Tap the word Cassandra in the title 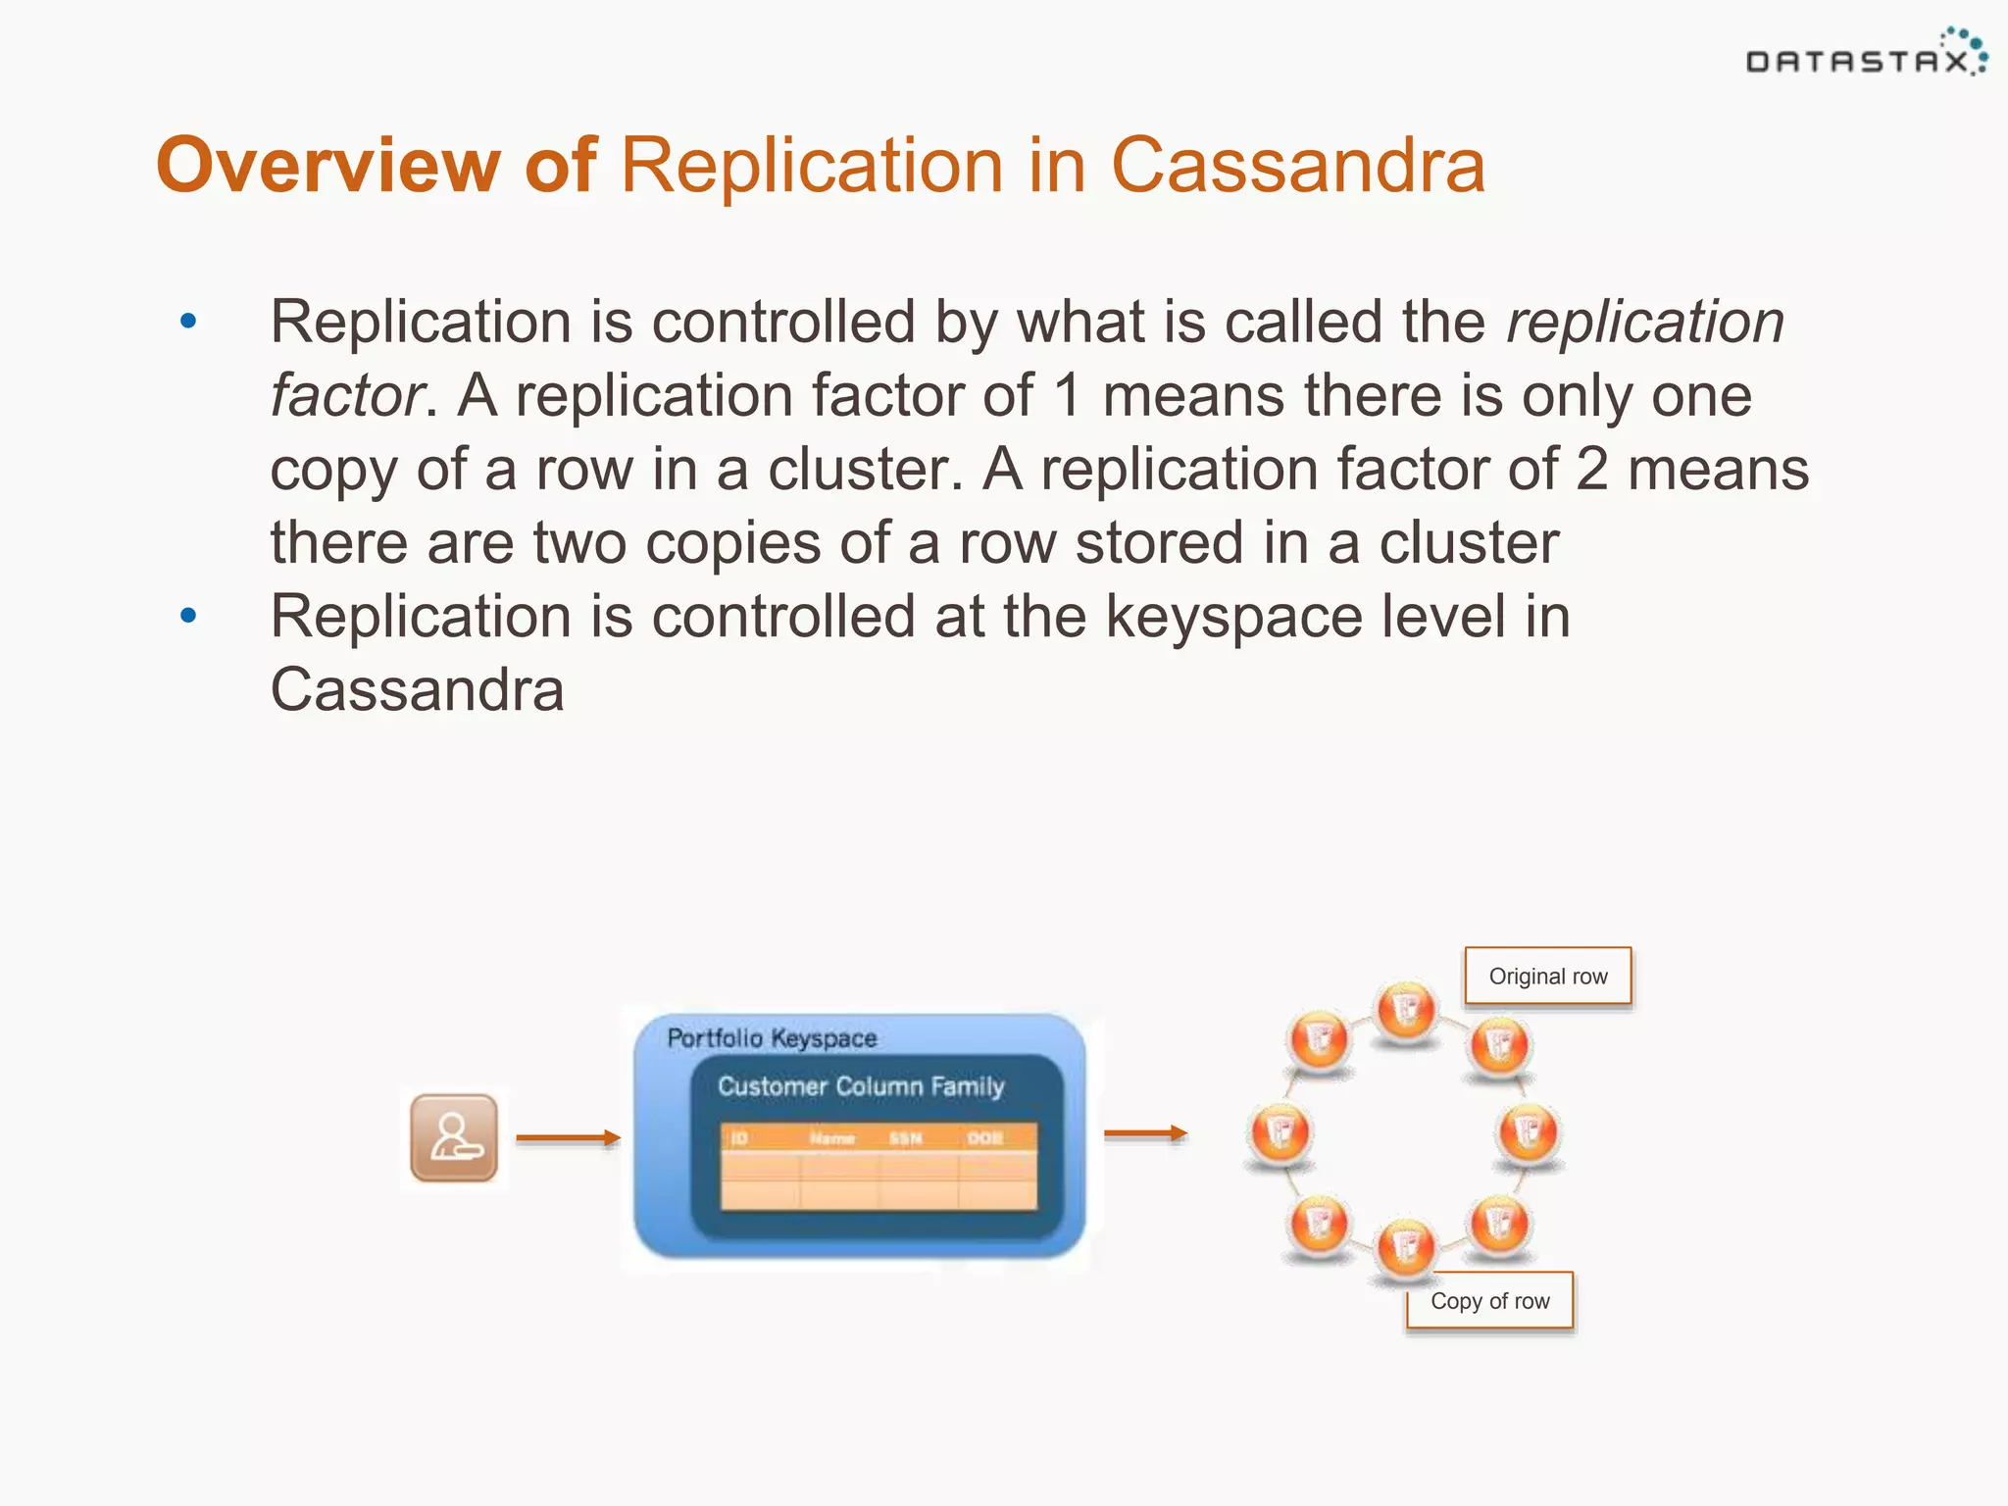[1297, 165]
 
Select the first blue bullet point [188, 322]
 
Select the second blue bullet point [188, 616]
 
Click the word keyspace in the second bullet [1234, 618]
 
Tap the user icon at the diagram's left [454, 1137]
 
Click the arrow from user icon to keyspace [569, 1137]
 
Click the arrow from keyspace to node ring [1145, 1133]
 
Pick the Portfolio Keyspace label [772, 1038]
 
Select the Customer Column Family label [861, 1086]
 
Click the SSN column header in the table [905, 1138]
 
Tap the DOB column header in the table [984, 1138]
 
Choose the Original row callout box [1547, 976]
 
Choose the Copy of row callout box [1489, 1301]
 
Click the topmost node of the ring [1406, 1010]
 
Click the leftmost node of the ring [1280, 1132]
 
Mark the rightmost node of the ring [1529, 1132]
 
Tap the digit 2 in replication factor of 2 [1592, 470]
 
